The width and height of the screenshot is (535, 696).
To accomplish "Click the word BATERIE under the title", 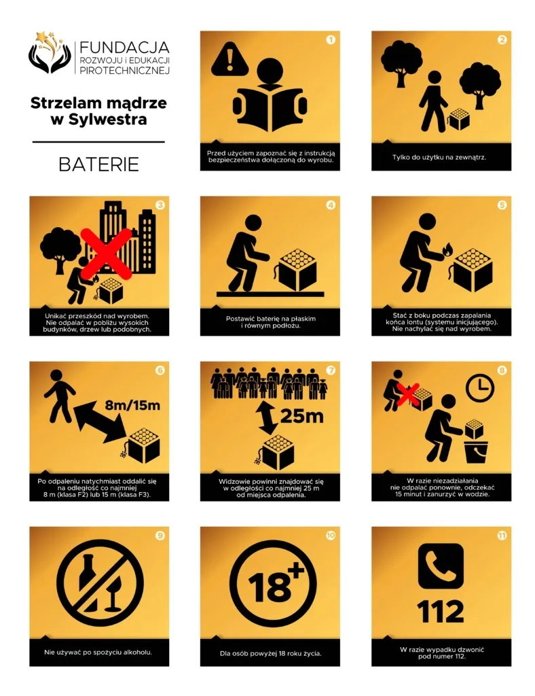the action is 98,164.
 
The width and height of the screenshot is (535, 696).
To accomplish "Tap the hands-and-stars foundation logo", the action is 49,52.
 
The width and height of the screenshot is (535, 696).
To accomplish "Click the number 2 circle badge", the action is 502,39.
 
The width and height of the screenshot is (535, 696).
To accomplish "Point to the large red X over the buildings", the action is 107,254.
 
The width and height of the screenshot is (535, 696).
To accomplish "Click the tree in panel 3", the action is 60,249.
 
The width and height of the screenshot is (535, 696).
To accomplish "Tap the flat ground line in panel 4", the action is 270,294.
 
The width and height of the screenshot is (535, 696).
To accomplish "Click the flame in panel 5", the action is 447,249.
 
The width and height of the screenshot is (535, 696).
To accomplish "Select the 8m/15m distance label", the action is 132,405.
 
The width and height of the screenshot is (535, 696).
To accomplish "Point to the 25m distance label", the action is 302,416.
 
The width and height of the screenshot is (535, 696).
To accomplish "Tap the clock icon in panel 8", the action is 479,388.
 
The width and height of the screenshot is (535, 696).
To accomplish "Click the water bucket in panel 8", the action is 476,451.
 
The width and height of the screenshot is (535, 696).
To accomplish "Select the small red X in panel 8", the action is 407,395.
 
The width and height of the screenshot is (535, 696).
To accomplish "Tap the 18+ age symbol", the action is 273,583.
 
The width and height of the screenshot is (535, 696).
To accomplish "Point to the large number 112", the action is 441,612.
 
